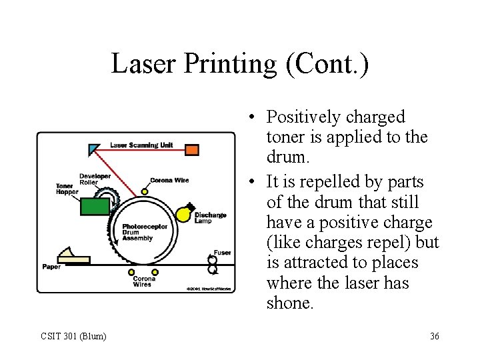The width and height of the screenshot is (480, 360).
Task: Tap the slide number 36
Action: tap(434, 336)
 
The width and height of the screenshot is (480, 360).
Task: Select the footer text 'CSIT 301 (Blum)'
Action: tap(73, 336)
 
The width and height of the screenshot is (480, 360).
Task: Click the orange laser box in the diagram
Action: tap(191, 149)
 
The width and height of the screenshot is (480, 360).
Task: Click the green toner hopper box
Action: tap(95, 206)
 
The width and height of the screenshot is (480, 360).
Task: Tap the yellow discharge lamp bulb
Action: tap(183, 213)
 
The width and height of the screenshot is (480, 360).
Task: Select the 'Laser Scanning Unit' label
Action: tap(141, 145)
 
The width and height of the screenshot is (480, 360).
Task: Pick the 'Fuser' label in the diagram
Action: tap(222, 253)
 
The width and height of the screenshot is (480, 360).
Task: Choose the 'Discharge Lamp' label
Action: tap(210, 218)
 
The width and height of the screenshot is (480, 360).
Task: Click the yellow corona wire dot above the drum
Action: tap(145, 190)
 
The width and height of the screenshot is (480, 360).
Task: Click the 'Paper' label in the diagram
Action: tap(51, 267)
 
